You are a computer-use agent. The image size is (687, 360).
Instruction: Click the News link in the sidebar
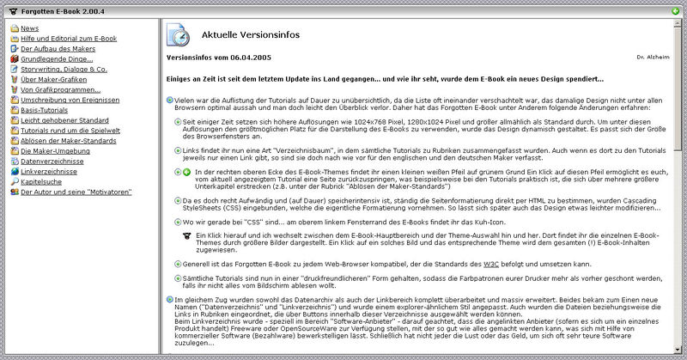[29, 28]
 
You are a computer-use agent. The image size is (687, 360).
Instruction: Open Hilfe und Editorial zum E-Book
[68, 39]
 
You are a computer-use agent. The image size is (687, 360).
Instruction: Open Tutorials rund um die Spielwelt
[70, 130]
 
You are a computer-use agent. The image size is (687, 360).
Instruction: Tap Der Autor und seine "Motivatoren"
[76, 191]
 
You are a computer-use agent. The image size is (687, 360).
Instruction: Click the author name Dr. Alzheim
[652, 58]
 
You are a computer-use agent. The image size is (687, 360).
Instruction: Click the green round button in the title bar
[676, 10]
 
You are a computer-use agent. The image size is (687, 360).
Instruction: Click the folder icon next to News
[15, 28]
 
